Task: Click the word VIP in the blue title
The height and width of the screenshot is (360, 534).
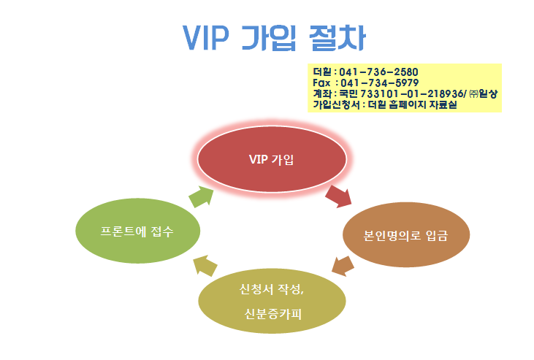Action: click(x=206, y=37)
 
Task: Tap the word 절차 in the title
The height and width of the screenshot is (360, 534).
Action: click(x=337, y=38)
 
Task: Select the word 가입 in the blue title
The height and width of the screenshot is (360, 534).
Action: click(x=269, y=38)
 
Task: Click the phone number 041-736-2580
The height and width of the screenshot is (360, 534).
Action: click(x=378, y=72)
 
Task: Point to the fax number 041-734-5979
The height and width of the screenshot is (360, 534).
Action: click(x=380, y=83)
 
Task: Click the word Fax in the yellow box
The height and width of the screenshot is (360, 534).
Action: click(x=321, y=83)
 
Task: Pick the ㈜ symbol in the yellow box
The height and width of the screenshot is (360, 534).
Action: click(x=473, y=93)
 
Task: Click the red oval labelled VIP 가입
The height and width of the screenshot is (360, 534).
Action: click(x=272, y=159)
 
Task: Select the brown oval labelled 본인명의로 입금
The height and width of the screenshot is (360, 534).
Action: click(x=406, y=235)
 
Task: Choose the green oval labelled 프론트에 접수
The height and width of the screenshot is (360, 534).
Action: click(x=137, y=231)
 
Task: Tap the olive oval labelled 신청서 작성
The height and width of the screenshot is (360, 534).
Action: click(x=272, y=301)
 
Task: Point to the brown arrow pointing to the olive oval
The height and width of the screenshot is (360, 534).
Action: click(x=343, y=266)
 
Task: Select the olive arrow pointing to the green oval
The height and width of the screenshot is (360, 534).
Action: click(x=205, y=265)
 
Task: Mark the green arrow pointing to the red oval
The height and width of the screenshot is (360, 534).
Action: click(x=202, y=196)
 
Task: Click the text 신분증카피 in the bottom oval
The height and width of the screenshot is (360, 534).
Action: click(x=273, y=314)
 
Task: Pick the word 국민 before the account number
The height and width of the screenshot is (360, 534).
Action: click(x=348, y=93)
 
